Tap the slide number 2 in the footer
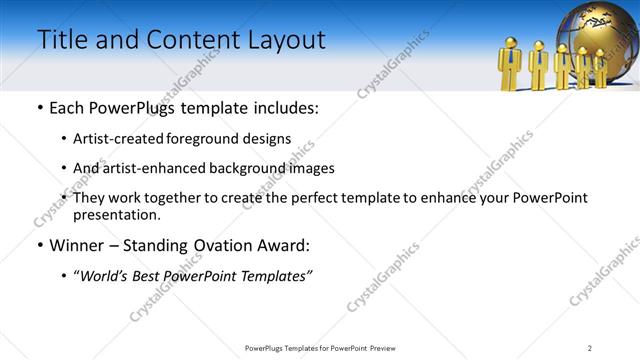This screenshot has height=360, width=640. (x=589, y=348)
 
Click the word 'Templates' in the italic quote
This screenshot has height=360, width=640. (x=273, y=275)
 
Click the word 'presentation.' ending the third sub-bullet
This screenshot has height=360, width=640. (x=116, y=214)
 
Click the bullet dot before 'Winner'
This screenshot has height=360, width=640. (x=39, y=245)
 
